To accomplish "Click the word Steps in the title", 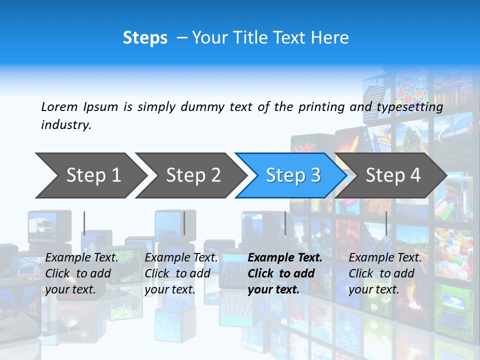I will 145,38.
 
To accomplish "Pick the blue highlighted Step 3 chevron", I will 292,175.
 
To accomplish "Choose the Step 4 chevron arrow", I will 392,175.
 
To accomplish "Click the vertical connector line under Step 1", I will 84,223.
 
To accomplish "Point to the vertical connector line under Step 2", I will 184,223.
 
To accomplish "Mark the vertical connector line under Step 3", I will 285,223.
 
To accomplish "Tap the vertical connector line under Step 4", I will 386,223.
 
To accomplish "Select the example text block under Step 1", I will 81,273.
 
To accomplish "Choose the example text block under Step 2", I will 181,273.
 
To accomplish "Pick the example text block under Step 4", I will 385,273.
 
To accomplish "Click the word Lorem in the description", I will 59,106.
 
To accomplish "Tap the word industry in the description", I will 65,125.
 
